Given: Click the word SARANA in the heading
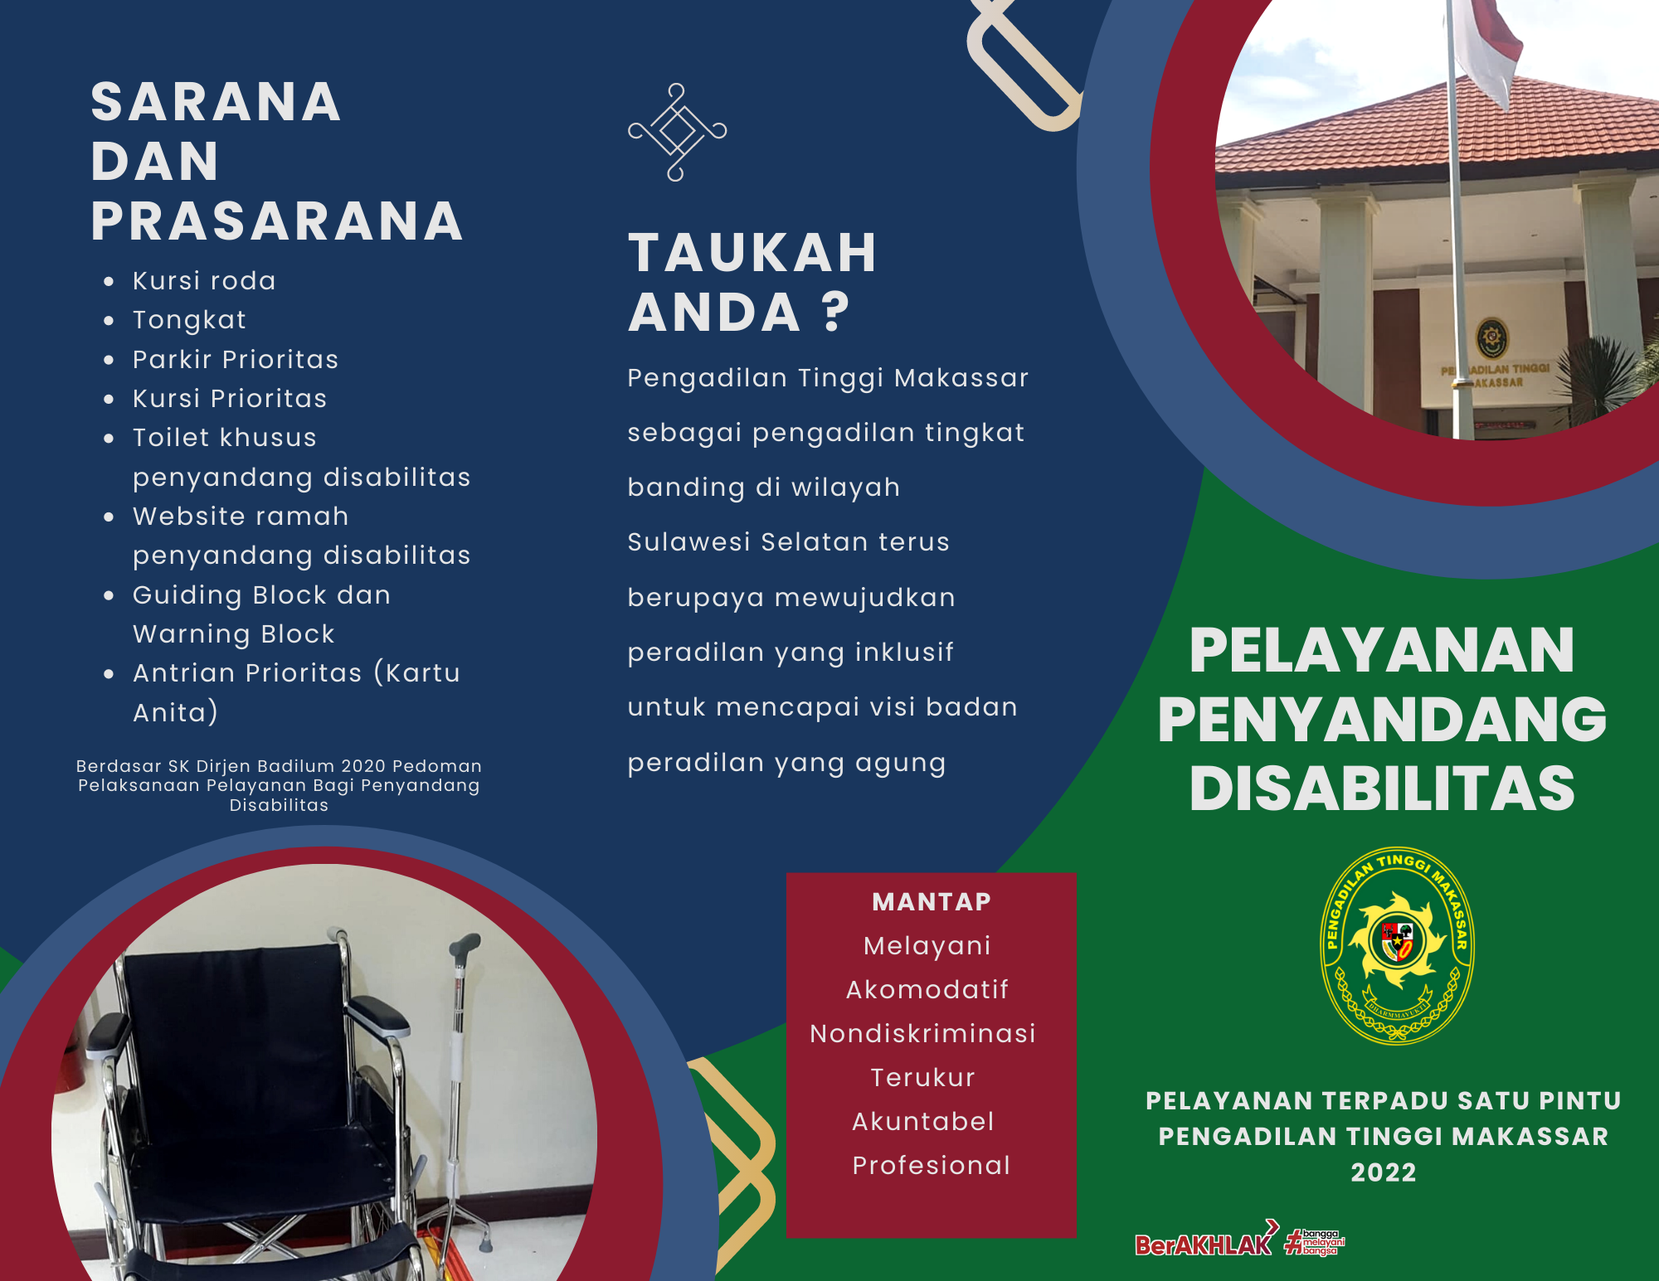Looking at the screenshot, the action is (x=216, y=102).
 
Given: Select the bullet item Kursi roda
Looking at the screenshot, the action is (x=204, y=281).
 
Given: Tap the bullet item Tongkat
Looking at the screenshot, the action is (x=189, y=321).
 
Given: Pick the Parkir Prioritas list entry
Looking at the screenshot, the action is (x=236, y=359).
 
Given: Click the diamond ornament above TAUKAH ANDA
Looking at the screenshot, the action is (x=677, y=132).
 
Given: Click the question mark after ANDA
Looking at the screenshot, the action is (x=836, y=312).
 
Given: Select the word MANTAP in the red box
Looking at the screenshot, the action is (x=932, y=901).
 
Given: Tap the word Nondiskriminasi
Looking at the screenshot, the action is (x=922, y=1033).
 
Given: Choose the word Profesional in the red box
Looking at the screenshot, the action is (x=931, y=1165).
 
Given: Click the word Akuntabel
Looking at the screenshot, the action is (x=922, y=1121).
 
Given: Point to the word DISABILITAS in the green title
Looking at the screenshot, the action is (x=1382, y=788).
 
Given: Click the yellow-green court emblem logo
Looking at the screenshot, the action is (x=1398, y=945).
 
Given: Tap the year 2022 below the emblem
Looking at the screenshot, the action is (x=1384, y=1172).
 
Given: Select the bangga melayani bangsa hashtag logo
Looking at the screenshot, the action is (x=1315, y=1242).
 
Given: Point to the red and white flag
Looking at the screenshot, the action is (x=1489, y=50).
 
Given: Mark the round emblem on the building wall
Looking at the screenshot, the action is (x=1492, y=338).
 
